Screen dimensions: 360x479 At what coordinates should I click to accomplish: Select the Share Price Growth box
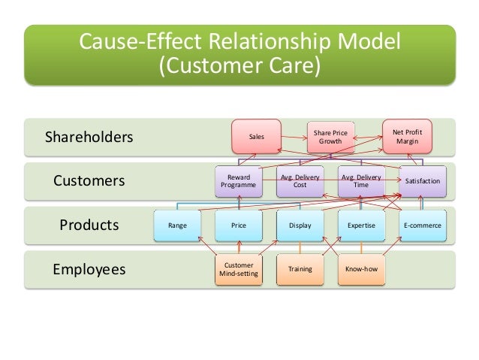click(330, 137)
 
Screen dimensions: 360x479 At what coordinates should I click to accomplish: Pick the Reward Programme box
click(238, 181)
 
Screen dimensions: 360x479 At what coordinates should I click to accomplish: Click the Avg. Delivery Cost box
click(300, 181)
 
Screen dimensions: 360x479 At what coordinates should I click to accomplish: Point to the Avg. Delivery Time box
click(361, 181)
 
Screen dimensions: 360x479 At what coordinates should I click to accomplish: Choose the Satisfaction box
click(423, 181)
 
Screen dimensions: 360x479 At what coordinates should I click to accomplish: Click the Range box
click(177, 225)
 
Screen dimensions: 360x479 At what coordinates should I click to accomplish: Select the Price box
click(238, 225)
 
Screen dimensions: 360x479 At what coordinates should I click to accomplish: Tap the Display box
click(300, 225)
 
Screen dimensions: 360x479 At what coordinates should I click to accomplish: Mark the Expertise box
click(361, 225)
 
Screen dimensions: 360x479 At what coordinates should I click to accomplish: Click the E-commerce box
click(423, 225)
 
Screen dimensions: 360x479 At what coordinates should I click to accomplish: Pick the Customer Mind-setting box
click(238, 269)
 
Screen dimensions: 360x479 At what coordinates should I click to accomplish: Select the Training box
click(300, 269)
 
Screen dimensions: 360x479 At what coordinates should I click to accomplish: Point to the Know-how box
click(361, 269)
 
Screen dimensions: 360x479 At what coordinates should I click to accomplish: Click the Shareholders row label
click(89, 138)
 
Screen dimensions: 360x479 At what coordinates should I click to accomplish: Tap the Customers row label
click(89, 181)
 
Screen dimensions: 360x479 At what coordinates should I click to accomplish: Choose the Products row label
click(89, 225)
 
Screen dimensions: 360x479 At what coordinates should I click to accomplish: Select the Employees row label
click(89, 269)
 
